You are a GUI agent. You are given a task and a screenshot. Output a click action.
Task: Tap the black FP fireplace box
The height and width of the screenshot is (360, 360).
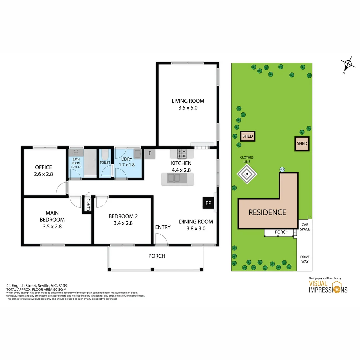click(x=208, y=203)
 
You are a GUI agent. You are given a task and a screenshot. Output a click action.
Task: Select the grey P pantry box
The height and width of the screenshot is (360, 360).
click(x=150, y=153)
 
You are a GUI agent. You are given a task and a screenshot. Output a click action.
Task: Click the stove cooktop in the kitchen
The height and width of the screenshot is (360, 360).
click(x=182, y=153)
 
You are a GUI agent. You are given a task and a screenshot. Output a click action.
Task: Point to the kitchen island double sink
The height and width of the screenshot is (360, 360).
click(x=174, y=179)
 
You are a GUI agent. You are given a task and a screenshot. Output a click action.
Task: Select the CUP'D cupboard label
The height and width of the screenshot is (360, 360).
click(x=88, y=204)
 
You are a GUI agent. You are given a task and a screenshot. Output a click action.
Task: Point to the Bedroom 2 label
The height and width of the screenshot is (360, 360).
click(x=123, y=216)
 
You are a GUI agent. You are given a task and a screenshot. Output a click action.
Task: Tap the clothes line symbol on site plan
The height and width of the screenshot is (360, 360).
click(x=247, y=174)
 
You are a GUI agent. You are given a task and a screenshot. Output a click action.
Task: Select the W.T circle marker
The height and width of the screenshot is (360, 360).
click(x=282, y=170)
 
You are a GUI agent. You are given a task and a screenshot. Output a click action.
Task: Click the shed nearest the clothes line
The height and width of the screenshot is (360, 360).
click(x=247, y=136)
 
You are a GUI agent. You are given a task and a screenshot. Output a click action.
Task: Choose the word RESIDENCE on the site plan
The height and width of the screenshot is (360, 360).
click(x=267, y=212)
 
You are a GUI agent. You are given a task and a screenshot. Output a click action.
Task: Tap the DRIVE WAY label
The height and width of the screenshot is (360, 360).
click(x=305, y=259)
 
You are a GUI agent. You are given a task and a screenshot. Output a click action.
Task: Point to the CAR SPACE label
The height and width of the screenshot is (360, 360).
click(x=305, y=227)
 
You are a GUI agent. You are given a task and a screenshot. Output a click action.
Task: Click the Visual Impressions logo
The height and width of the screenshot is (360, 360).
click(x=328, y=287)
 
